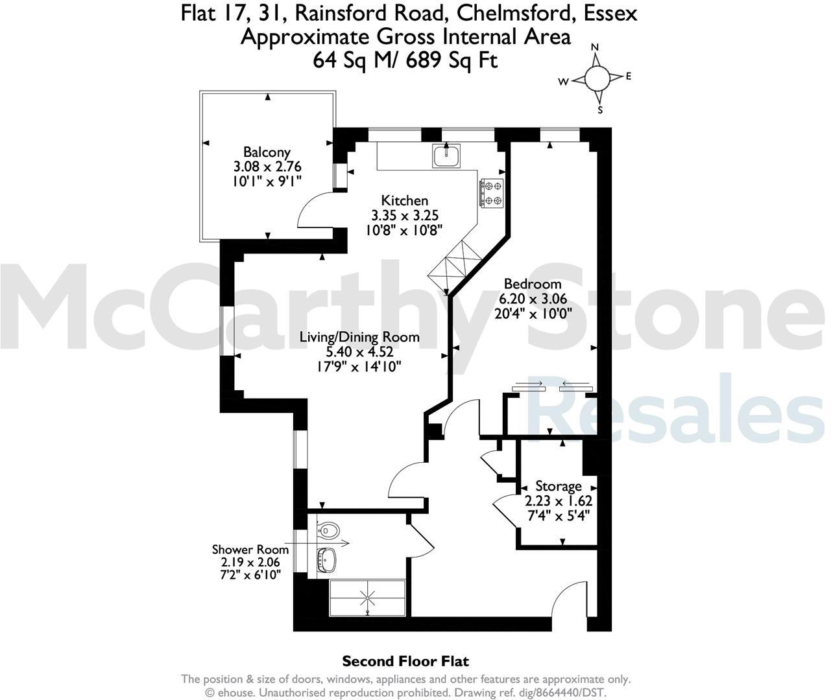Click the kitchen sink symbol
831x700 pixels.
(x=446, y=156)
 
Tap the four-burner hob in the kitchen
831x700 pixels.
(x=491, y=192)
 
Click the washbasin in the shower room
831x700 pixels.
(x=328, y=559)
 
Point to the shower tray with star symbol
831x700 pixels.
(x=368, y=597)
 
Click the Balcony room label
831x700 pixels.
(x=267, y=153)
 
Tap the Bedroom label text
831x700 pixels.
(x=532, y=284)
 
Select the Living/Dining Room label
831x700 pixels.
(x=359, y=337)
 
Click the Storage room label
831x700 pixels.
(x=558, y=486)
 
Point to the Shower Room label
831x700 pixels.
(x=250, y=550)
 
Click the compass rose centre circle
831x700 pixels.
(x=597, y=78)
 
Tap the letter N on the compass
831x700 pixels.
(x=595, y=48)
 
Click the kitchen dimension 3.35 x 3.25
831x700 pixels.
(x=404, y=215)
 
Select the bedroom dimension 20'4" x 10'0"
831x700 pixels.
(x=533, y=314)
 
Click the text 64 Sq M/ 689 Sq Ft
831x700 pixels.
(x=405, y=60)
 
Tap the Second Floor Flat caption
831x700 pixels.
(x=405, y=661)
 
